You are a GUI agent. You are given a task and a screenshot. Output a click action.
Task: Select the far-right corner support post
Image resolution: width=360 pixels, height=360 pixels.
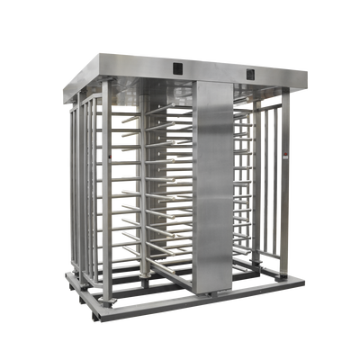(x=285, y=189)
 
